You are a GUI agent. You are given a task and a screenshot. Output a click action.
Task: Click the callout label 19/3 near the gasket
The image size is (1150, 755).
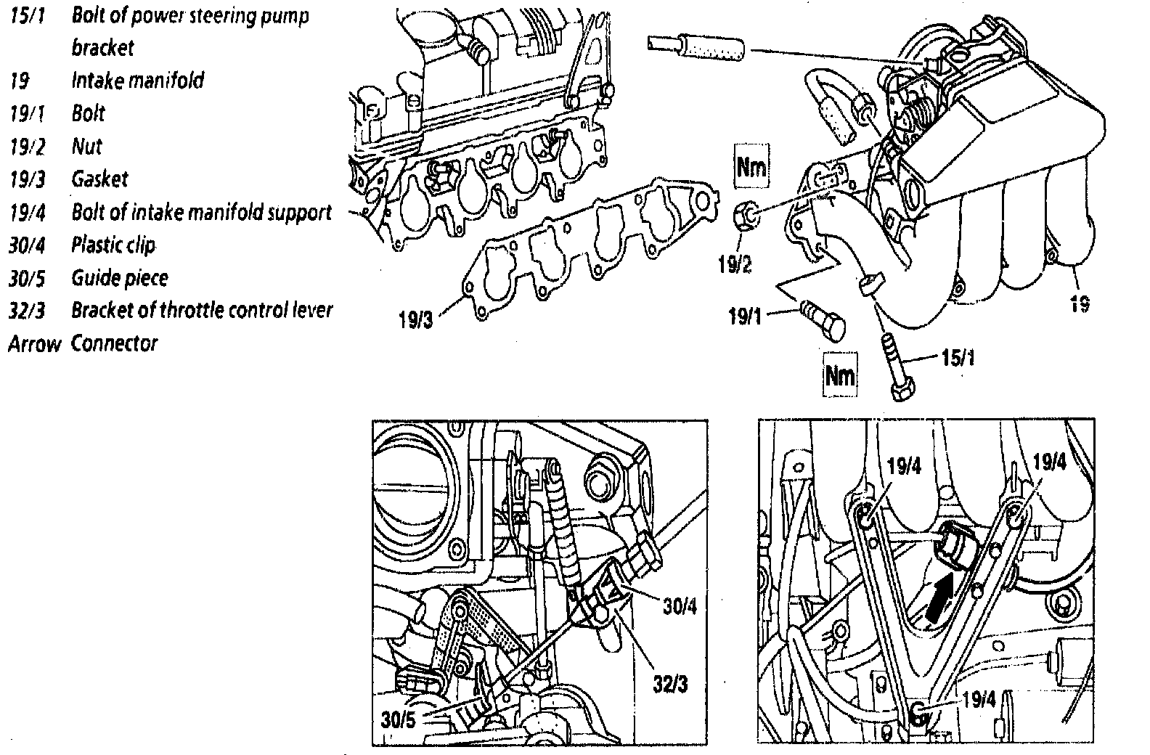pos(416,319)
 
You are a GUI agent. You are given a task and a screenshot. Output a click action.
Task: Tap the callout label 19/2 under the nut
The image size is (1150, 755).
pos(735,264)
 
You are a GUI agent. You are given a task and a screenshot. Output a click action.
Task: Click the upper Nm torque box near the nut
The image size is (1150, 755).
pos(751,168)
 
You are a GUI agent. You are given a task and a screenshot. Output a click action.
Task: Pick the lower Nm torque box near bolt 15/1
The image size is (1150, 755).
pos(839,375)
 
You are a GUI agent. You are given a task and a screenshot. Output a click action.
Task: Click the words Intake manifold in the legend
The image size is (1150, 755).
pos(137,80)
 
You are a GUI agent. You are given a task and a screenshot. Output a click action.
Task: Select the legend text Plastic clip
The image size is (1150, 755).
pos(113,245)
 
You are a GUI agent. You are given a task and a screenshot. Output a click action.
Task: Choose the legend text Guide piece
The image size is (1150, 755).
pos(120,278)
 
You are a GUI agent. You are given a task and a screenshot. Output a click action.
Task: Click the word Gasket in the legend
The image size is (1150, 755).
pos(99,179)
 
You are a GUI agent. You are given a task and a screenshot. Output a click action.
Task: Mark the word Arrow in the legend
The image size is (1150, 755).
pos(34,343)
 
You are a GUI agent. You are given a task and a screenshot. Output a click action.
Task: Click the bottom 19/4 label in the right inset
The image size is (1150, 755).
pos(980,699)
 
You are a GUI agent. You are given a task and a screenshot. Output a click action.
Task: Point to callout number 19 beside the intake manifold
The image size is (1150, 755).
pos(1080,303)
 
